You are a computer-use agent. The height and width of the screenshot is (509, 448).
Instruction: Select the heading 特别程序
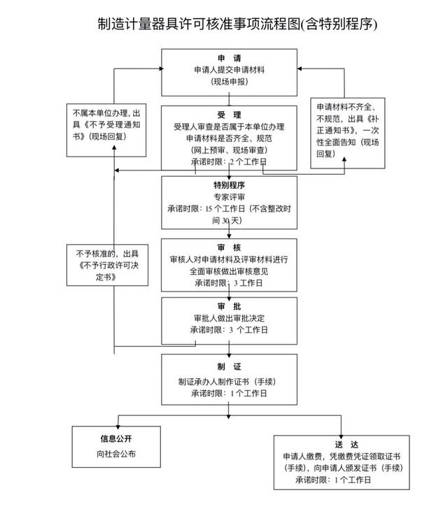[229, 185]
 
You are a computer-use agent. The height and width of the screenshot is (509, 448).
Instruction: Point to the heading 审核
[229, 247]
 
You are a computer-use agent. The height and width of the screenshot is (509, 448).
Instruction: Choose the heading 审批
[229, 306]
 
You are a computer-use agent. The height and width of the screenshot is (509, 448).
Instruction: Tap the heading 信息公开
[115, 440]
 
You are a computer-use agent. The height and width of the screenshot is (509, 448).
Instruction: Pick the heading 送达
[342, 443]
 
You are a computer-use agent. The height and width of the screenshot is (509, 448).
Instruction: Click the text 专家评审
[229, 196]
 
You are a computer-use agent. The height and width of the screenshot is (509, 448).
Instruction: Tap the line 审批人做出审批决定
[229, 317]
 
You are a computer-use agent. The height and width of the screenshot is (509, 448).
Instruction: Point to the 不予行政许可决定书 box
[108, 264]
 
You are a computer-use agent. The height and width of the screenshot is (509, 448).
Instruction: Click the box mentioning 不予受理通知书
[108, 124]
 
